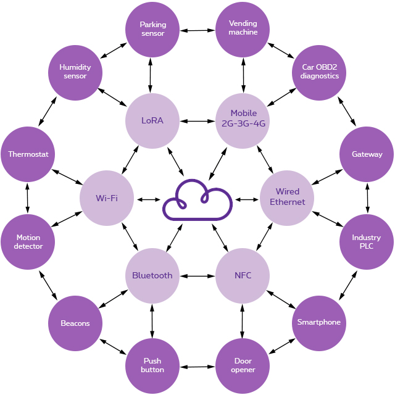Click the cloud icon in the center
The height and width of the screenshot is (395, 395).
(197, 199)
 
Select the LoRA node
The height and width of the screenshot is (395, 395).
(152, 120)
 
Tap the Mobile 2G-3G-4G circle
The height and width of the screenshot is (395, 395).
(243, 118)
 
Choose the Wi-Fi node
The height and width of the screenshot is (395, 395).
(107, 198)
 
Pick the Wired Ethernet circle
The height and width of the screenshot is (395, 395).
(287, 197)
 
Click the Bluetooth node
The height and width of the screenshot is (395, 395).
(152, 275)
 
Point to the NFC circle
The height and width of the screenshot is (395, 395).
(243, 275)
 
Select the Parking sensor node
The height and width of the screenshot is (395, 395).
(152, 29)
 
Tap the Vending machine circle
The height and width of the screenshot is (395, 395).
(243, 28)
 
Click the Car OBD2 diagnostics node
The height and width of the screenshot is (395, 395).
(319, 72)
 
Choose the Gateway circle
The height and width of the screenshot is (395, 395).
(367, 154)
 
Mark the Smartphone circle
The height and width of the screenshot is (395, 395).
(318, 322)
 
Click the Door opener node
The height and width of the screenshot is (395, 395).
(243, 366)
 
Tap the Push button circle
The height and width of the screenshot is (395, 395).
(152, 365)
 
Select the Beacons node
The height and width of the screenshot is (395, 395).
(75, 323)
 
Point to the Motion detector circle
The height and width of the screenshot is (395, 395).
(28, 242)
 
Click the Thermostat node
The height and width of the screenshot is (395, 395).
(28, 154)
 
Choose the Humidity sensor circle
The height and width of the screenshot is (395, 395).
(75, 72)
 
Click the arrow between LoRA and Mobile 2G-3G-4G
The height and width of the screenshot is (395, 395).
(197, 120)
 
